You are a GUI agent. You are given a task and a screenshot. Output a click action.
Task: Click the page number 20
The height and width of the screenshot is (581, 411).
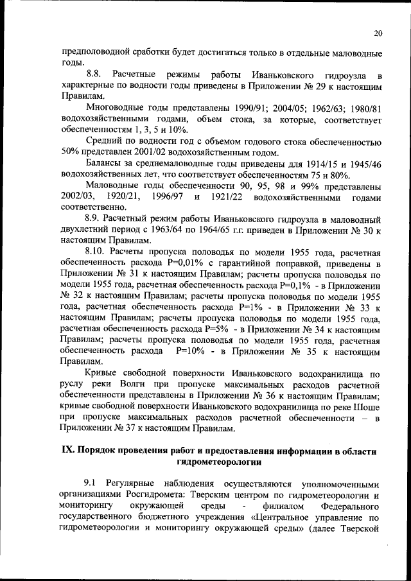point(378,34)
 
